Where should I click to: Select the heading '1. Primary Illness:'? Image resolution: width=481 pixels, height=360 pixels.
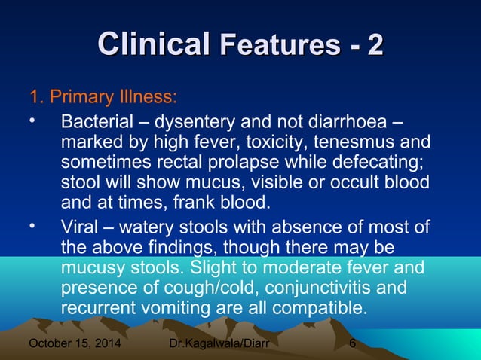pos(103,98)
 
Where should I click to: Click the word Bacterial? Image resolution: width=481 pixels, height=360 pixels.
pos(97,121)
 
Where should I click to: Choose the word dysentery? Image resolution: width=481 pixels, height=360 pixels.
pos(198,121)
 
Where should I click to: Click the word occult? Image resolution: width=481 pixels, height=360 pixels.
pos(357,182)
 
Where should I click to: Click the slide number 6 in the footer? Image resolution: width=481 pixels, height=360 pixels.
pos(353,346)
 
